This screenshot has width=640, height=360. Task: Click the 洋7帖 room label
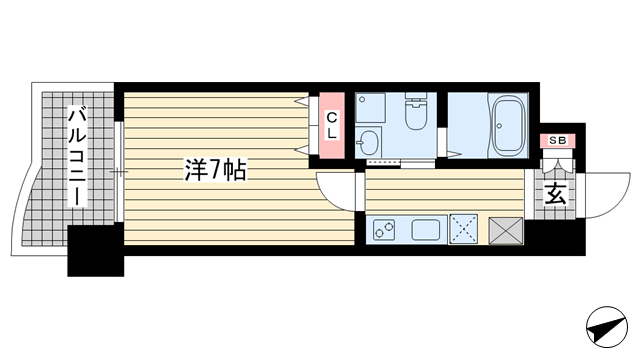click(216, 170)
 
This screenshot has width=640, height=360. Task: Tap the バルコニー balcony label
click(77, 156)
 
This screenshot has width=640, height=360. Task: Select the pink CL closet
click(332, 125)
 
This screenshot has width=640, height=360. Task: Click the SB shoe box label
click(558, 140)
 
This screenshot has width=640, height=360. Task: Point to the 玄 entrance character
click(556, 193)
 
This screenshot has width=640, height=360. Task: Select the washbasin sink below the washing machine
click(368, 142)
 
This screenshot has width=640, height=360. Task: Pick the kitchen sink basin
click(425, 230)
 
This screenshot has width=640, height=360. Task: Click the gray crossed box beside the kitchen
click(506, 231)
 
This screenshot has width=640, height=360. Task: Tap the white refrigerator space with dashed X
click(464, 229)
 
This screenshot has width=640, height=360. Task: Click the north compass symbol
click(607, 327)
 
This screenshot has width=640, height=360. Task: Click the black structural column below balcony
click(96, 251)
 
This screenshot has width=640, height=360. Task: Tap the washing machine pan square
click(370, 108)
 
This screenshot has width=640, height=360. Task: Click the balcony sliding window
click(118, 172)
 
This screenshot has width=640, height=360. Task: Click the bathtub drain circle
click(499, 126)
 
